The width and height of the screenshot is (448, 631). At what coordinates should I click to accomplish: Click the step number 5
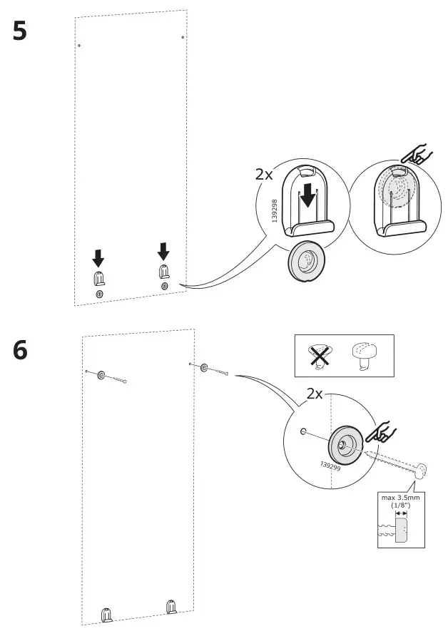pos(20,32)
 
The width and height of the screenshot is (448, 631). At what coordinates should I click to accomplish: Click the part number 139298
pos(275,212)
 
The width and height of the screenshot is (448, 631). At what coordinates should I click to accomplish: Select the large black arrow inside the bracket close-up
pos(307,194)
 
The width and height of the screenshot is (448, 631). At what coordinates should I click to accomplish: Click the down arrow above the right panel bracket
pos(163,250)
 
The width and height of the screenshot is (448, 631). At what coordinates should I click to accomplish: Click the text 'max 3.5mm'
pos(400,498)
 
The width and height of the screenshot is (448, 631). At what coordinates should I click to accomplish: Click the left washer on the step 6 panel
pos(101,374)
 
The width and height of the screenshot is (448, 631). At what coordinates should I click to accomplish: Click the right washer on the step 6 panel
pos(205,368)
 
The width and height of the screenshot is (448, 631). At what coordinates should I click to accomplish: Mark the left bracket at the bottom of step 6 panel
pos(106,613)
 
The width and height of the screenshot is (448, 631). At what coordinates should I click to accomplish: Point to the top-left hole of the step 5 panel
pos(79,46)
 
